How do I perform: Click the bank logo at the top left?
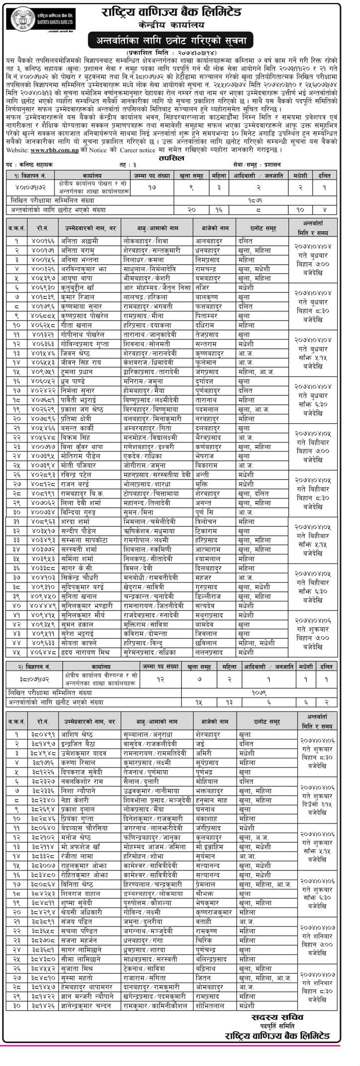click(x=22, y=20)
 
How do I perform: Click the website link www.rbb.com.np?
click(x=49, y=150)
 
